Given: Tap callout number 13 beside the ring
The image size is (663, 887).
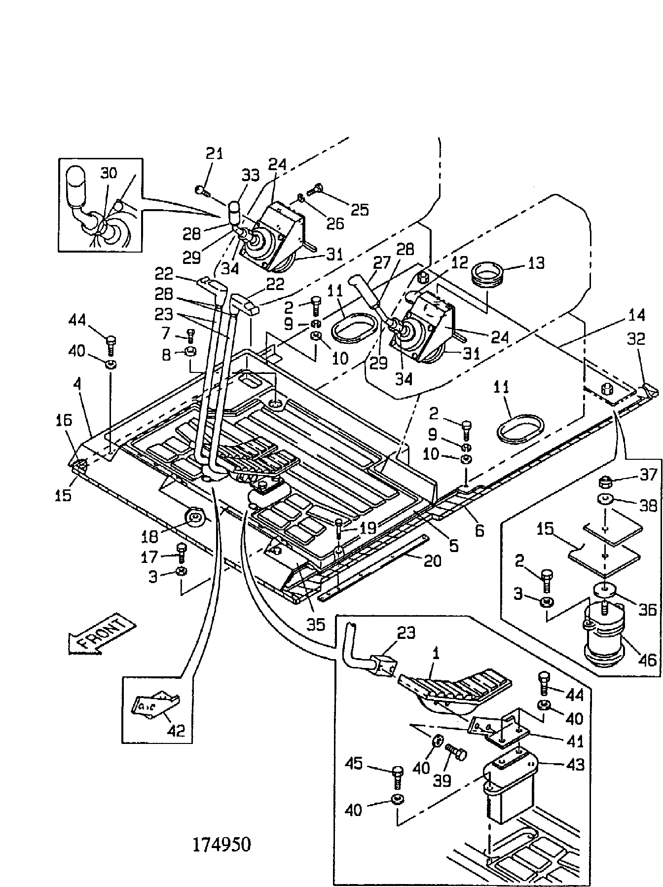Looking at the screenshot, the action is click(x=533, y=263).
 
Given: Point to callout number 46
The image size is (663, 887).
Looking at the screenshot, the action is click(x=646, y=660).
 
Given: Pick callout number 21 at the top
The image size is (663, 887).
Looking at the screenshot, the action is click(x=214, y=153).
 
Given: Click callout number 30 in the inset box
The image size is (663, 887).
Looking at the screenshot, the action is click(x=109, y=173).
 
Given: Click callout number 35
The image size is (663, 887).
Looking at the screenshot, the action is click(x=316, y=624).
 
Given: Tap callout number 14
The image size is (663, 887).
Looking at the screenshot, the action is click(x=636, y=314).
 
